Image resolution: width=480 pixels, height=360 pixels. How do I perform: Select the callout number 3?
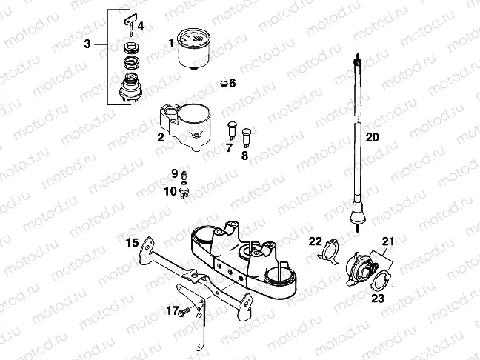click(87, 45)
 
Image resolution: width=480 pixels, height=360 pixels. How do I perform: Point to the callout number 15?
click(131, 242)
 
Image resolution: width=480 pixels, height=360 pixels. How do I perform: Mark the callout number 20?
click(371, 136)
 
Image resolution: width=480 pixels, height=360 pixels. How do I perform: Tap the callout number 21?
click(388, 241)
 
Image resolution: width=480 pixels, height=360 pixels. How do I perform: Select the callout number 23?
click(379, 299)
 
